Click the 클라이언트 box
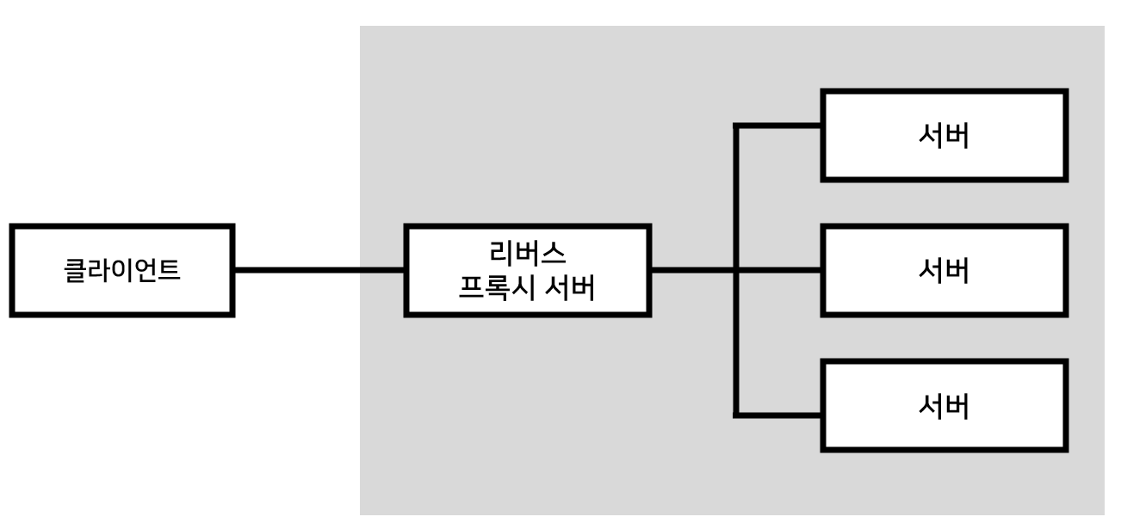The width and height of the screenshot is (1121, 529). (122, 271)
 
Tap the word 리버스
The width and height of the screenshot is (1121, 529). (527, 253)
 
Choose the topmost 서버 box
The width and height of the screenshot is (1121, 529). (945, 136)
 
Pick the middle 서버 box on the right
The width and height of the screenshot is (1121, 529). (945, 271)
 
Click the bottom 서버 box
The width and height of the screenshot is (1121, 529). (945, 406)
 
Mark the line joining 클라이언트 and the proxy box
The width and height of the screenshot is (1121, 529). (319, 270)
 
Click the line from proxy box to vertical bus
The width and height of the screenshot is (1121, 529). (693, 270)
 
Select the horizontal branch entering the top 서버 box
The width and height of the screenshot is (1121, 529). (779, 126)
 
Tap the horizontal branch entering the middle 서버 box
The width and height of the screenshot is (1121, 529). (779, 270)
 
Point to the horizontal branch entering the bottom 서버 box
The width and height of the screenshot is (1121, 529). (779, 415)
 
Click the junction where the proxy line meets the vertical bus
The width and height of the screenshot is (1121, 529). (736, 270)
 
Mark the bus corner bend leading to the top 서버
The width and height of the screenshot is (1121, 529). (736, 126)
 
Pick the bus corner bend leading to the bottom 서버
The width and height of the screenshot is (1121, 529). (736, 415)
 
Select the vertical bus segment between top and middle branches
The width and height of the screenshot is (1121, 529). (736, 198)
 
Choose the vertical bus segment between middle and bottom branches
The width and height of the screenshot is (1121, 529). (736, 342)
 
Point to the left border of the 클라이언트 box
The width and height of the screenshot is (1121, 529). (14, 271)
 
